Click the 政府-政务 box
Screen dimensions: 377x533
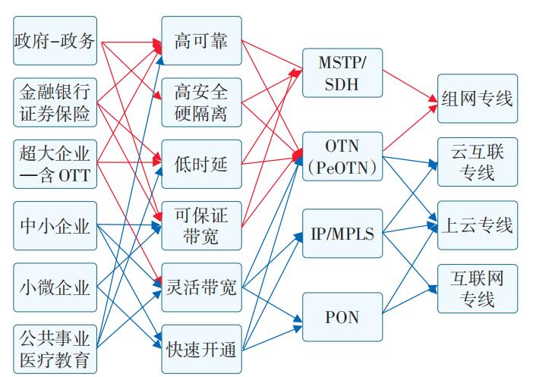coord(55,40)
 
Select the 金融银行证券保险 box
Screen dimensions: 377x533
coord(55,102)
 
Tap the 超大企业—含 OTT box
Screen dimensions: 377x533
coord(55,164)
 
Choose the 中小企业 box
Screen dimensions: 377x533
coord(55,226)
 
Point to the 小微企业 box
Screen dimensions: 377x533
coord(55,287)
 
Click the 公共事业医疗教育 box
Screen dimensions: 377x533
coord(55,348)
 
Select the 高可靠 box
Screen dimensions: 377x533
coord(201,40)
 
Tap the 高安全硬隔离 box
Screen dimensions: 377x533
coord(201,102)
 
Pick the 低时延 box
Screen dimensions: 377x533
coord(201,164)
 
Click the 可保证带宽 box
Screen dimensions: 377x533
coord(201,226)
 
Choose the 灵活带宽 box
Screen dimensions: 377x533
coord(201,287)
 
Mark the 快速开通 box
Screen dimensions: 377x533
coord(201,349)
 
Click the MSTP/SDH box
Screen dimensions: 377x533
coord(342,73)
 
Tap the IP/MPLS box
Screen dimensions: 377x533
coord(342,233)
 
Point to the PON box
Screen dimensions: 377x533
coord(342,315)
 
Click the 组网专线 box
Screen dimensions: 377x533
coord(477,99)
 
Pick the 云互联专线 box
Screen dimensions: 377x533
coord(477,162)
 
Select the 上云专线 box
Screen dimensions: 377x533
coord(477,225)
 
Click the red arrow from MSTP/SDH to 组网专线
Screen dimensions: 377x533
coord(410,84)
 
